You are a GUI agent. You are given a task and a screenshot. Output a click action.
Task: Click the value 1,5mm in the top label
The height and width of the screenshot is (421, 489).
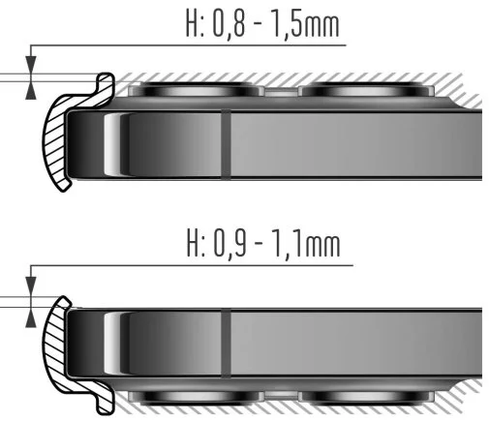point(306,23)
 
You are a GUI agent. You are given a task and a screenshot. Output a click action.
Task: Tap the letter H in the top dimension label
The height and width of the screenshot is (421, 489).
point(192,22)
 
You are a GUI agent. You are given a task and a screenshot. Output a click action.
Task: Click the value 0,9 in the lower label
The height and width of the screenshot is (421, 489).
point(229,243)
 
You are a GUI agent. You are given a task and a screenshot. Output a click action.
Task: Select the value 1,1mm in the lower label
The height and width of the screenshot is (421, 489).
point(307,243)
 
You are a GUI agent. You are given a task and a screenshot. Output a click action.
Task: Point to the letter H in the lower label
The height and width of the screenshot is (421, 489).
point(194,243)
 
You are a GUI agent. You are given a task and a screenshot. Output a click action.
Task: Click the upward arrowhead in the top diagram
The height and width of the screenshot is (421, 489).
point(31,90)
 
